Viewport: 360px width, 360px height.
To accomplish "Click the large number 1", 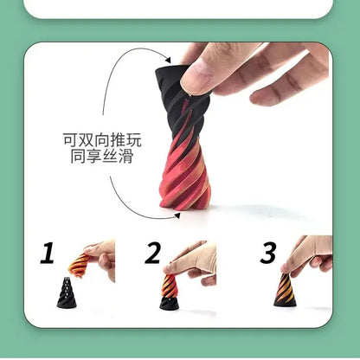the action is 48,253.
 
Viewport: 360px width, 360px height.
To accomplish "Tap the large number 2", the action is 152,253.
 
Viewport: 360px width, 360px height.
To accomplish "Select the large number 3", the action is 268,253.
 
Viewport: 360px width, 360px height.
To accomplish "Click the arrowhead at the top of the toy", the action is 168,60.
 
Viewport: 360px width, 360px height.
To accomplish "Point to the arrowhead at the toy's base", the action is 177,215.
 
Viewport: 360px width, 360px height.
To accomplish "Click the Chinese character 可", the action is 70,139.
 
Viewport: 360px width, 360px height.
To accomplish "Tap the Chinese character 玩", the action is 134,139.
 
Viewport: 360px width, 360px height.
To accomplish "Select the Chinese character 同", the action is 78,156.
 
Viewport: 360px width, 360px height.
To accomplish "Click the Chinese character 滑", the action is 125,156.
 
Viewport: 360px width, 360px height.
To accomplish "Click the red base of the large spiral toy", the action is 184,184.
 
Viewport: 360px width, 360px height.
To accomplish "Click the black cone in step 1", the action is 67,292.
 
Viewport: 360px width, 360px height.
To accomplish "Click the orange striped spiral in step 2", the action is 169,286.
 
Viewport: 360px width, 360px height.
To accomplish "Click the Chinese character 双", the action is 87,139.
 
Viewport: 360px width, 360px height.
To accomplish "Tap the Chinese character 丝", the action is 110,156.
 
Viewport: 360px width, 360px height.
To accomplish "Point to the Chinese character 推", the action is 119,139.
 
